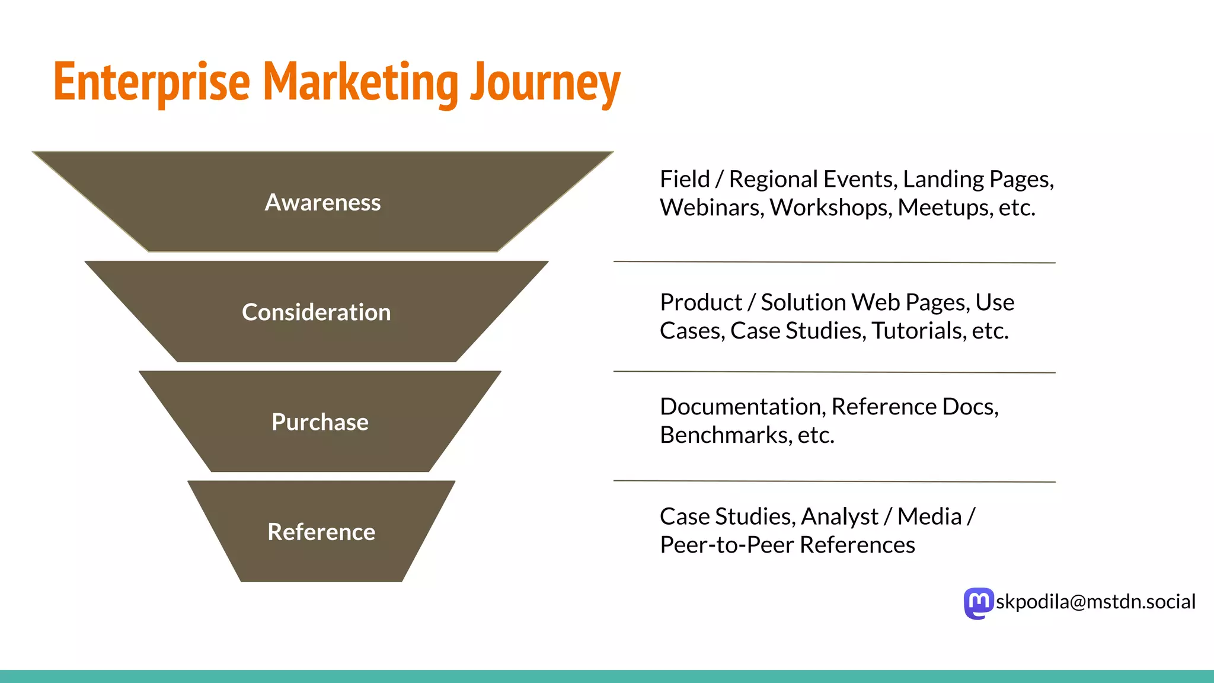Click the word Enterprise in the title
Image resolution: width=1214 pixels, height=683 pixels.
click(152, 83)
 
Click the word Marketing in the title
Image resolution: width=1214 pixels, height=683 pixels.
click(360, 83)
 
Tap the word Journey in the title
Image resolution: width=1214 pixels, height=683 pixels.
click(545, 83)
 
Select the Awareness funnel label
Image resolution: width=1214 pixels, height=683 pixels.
click(322, 203)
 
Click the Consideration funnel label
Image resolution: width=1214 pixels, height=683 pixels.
click(316, 312)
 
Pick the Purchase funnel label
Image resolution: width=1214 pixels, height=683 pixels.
click(320, 422)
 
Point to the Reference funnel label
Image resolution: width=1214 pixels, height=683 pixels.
click(321, 532)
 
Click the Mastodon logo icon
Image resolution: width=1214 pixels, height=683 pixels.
click(978, 603)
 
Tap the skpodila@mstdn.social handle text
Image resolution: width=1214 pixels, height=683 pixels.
click(1095, 602)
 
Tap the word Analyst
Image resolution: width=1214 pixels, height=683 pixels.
click(839, 516)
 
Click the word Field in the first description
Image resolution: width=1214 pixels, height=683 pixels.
click(685, 179)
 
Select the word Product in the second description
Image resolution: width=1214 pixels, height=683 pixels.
click(701, 302)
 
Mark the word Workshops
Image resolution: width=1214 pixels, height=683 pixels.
click(830, 208)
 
